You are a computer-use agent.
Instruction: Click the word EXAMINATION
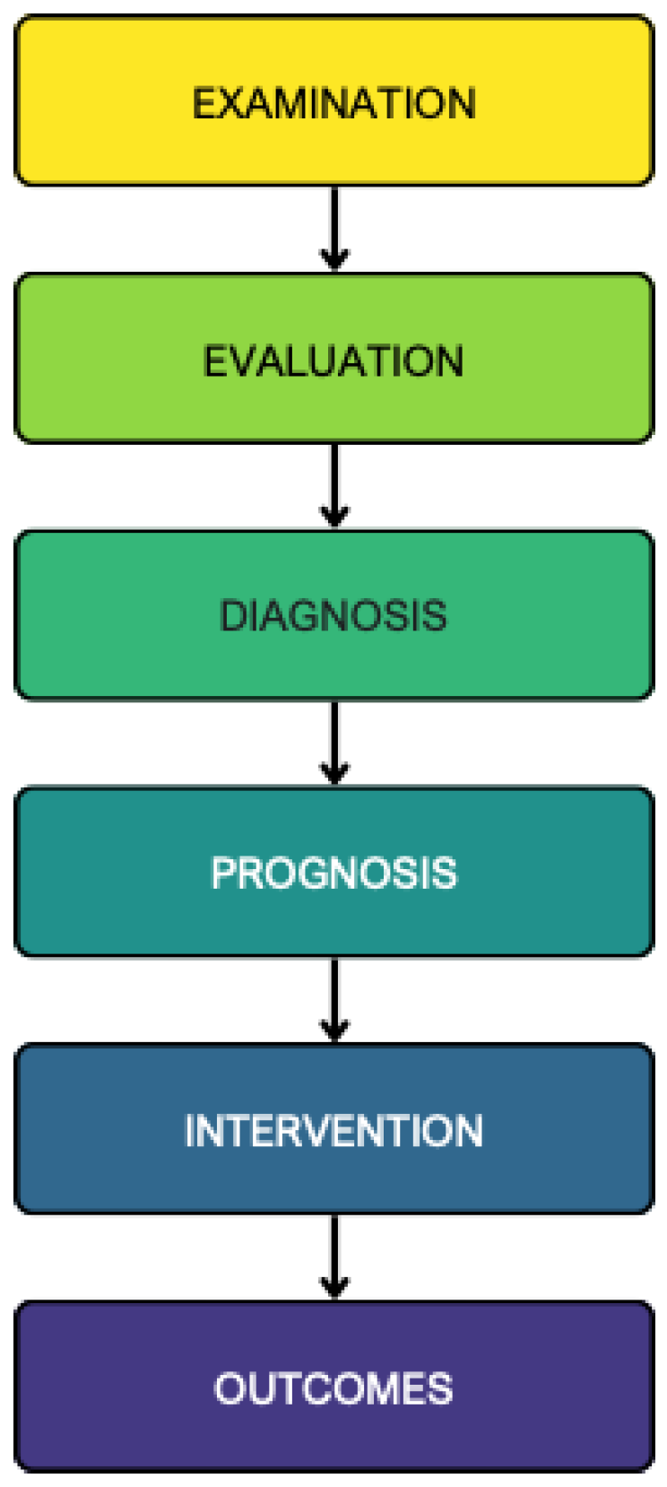[333, 103]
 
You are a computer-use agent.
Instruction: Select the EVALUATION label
[333, 361]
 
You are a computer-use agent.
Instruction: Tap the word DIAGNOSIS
[333, 616]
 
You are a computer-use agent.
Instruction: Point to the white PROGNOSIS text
[333, 873]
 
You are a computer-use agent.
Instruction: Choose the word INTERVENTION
[333, 1130]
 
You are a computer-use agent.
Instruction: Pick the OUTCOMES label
[333, 1388]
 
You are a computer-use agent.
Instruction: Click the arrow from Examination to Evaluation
[334, 229]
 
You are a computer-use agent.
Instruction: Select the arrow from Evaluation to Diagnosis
[334, 486]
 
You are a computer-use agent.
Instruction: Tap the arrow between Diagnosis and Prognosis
[334, 743]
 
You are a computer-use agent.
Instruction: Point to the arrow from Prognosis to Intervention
[334, 1000]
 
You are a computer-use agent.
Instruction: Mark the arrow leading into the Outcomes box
[334, 1257]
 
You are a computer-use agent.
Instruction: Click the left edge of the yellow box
[16, 100]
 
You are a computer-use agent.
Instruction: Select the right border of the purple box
[652, 1386]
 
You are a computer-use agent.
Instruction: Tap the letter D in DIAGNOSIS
[232, 616]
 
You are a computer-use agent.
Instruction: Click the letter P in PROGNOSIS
[222, 873]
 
